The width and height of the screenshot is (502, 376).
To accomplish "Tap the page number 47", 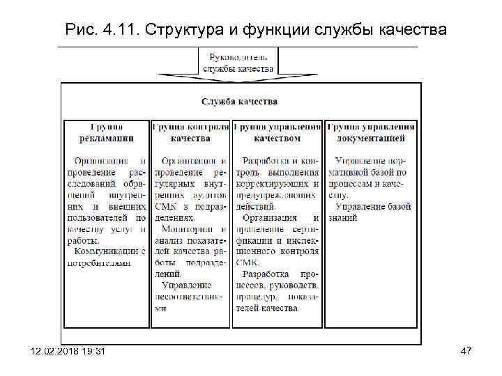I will click(x=466, y=351).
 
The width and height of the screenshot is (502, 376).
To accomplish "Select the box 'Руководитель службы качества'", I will click(x=239, y=61).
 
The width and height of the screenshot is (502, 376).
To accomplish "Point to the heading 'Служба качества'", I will click(x=239, y=101).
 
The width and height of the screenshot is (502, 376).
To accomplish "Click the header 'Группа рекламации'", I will click(x=107, y=132).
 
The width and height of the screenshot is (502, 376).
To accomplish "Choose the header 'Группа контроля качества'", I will click(x=190, y=132).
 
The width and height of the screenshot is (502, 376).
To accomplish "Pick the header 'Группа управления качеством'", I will click(x=277, y=132).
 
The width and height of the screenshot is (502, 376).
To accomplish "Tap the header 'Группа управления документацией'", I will click(x=371, y=132).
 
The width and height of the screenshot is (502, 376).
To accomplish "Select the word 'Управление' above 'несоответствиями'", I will click(x=186, y=284).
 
